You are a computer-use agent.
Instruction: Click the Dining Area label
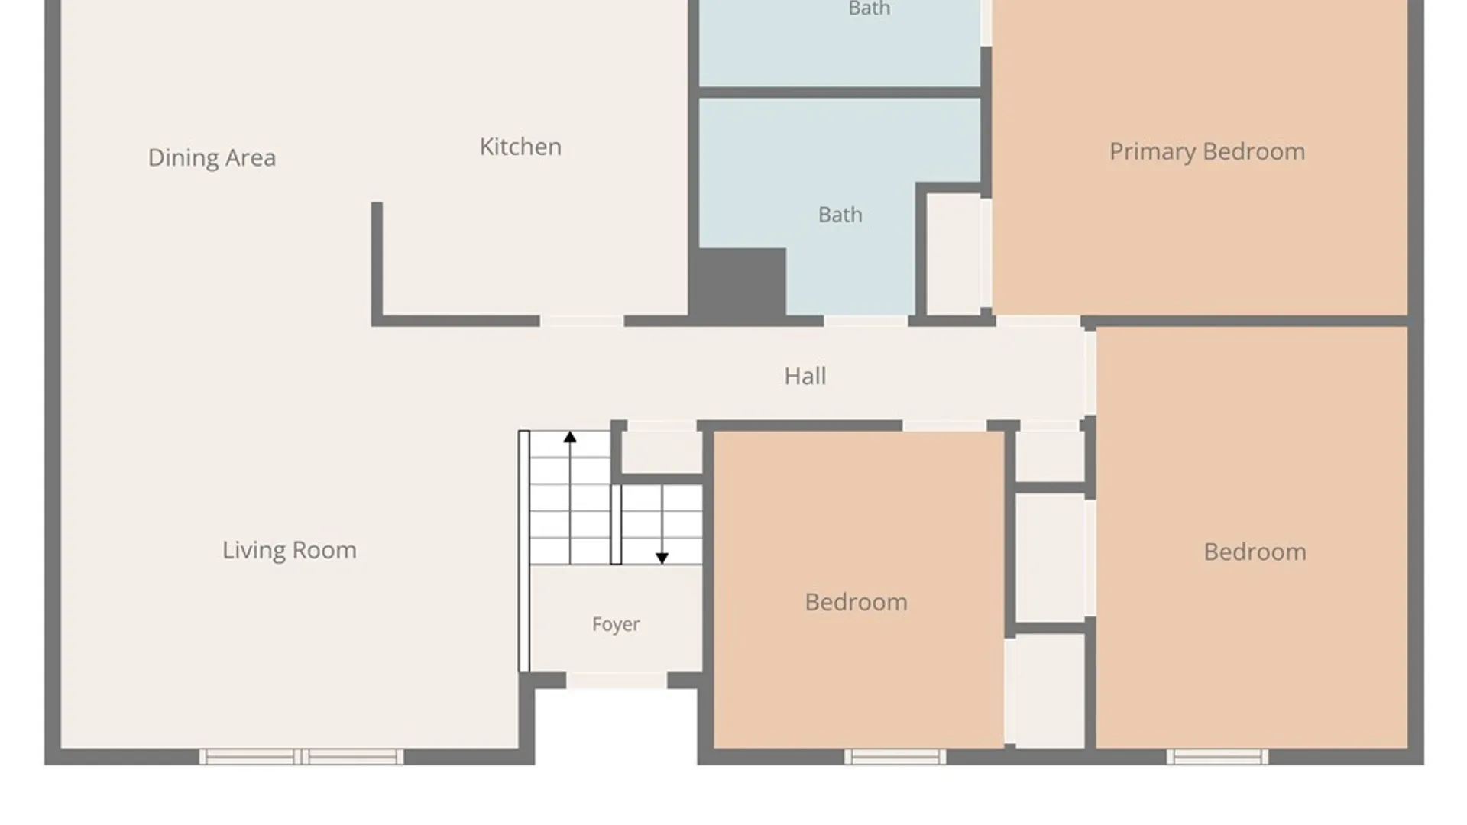tap(212, 157)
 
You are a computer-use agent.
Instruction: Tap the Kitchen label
tap(520, 147)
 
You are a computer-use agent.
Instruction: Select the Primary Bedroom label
tap(1207, 152)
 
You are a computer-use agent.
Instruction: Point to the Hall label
tap(805, 376)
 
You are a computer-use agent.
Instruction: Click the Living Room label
tap(290, 550)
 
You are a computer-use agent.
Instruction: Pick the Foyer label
tap(616, 625)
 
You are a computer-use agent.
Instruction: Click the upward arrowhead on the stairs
tap(570, 438)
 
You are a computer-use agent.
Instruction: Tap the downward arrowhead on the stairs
tap(662, 558)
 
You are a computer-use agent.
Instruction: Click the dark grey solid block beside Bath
tap(738, 282)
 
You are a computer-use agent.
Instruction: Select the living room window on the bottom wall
tap(302, 757)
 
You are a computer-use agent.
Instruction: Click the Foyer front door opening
tap(617, 681)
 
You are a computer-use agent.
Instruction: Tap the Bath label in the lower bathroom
tap(840, 215)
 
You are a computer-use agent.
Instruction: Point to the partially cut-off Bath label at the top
tap(870, 8)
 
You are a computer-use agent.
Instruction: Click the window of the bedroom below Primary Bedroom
tap(1217, 757)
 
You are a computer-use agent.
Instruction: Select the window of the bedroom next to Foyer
tap(895, 757)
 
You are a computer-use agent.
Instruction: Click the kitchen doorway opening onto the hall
tap(582, 322)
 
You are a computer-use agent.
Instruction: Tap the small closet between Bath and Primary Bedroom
tap(954, 254)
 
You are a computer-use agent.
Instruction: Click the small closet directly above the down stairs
tap(662, 452)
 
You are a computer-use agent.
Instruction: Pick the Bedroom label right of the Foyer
tap(857, 602)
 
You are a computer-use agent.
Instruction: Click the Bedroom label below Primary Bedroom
tap(1255, 552)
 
